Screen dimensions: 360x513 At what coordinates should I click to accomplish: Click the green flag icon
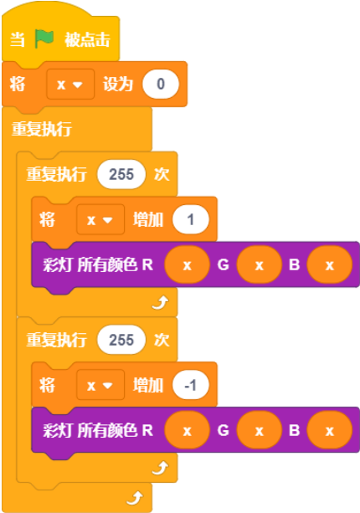(44, 39)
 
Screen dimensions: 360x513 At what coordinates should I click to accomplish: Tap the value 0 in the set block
(161, 84)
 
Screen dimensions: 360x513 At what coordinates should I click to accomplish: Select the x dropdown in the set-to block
(70, 85)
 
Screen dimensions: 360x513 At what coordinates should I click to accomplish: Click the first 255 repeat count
(121, 174)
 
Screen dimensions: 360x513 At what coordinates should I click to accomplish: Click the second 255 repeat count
(121, 340)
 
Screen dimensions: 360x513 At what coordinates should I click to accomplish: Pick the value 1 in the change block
(191, 219)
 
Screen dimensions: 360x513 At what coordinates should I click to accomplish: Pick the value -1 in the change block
(191, 385)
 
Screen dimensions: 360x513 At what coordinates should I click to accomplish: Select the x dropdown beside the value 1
(100, 219)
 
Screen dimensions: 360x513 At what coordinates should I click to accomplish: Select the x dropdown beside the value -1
(100, 385)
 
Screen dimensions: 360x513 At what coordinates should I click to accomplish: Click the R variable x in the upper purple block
(188, 264)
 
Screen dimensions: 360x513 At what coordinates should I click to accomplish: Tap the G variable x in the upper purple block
(260, 264)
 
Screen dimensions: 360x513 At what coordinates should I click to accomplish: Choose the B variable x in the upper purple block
(330, 264)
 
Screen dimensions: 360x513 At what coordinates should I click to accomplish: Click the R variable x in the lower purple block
(188, 430)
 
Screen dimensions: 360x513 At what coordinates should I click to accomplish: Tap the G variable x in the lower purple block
(260, 430)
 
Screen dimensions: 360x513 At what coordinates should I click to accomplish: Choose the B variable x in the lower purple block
(330, 430)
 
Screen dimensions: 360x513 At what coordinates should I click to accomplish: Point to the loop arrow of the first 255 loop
(161, 303)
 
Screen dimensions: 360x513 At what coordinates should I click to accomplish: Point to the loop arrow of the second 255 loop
(161, 468)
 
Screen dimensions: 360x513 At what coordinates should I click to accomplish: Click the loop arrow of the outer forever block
(135, 498)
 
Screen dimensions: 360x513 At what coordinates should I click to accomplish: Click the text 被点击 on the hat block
(87, 39)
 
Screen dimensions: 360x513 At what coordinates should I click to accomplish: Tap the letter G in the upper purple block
(224, 264)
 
